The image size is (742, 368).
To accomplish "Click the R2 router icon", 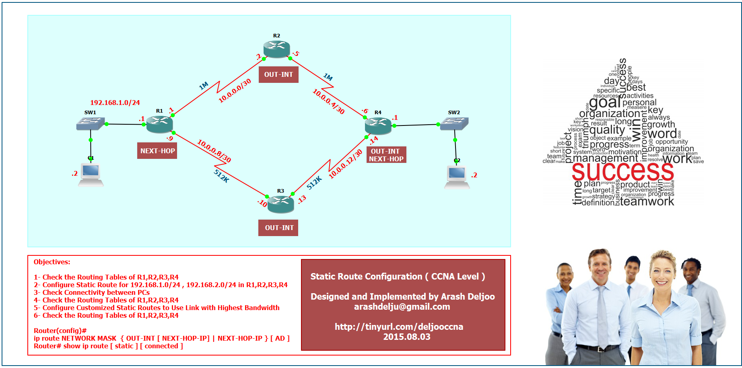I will [277, 49].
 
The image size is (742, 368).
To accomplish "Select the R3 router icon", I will [280, 204].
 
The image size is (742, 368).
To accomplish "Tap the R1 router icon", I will [159, 124].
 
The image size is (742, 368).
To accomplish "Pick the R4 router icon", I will [378, 125].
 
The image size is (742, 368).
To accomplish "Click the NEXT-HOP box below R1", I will [157, 151].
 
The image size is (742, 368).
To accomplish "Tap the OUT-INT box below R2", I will [278, 74].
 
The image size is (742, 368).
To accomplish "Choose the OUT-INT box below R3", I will [278, 228].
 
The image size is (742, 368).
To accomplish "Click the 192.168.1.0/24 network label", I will [115, 103].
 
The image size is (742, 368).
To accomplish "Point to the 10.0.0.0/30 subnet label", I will [235, 90].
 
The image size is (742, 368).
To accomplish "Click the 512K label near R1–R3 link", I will [221, 176].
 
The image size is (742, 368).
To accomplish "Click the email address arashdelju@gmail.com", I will [402, 306].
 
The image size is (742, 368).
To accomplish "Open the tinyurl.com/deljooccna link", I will [399, 327].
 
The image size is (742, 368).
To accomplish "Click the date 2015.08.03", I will [406, 337].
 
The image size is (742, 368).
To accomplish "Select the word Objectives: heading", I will [52, 262].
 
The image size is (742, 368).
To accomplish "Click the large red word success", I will [622, 171].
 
